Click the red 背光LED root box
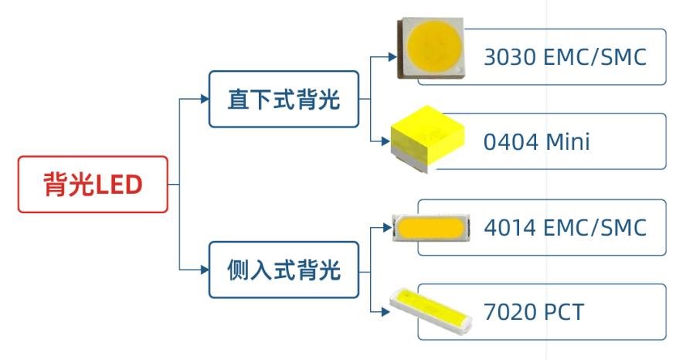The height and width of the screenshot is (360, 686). (x=93, y=185)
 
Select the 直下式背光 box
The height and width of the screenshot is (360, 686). (x=284, y=100)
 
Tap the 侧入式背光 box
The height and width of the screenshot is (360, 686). (x=284, y=270)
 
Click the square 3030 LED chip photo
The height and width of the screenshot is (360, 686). (x=432, y=47)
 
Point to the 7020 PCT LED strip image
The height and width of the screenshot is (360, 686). (x=430, y=309)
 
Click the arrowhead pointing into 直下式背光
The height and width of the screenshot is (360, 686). (x=204, y=100)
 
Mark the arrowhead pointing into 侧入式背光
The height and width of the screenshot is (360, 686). (x=204, y=270)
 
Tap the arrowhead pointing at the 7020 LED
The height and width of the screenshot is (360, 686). (x=385, y=313)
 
